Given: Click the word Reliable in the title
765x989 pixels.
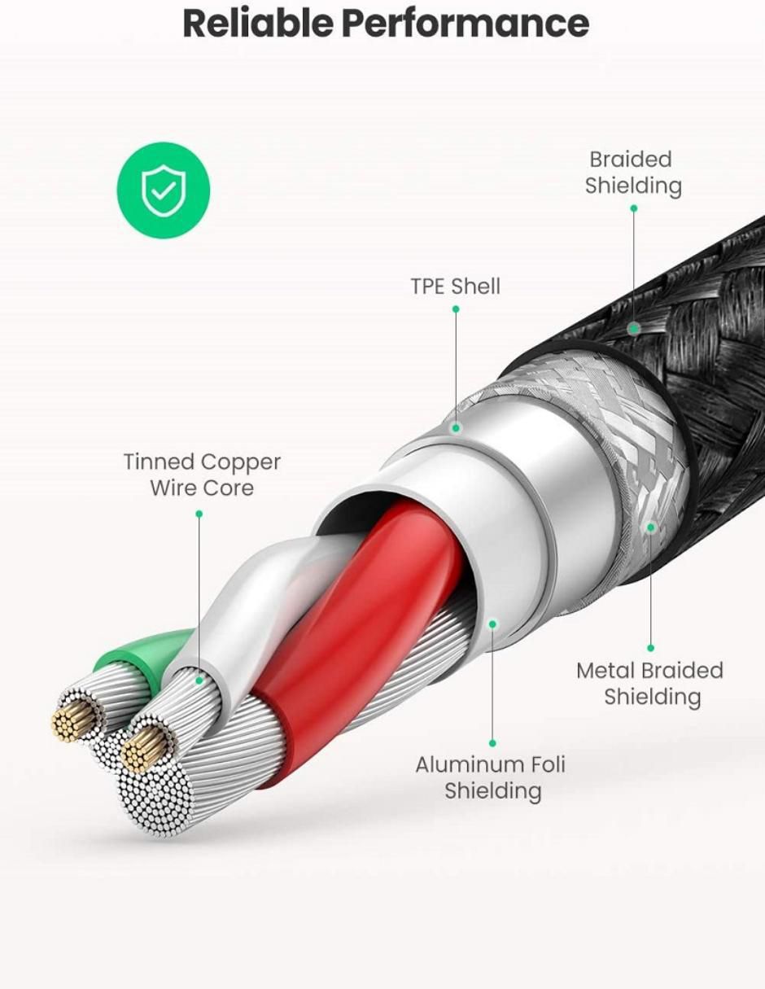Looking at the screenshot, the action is [x=258, y=24].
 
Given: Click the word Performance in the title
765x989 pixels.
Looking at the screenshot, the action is [x=466, y=24].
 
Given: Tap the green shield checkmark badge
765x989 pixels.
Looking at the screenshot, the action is [x=164, y=190].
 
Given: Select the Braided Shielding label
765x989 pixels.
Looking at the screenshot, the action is [x=632, y=173].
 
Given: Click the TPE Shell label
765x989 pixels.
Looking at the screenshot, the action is [x=455, y=287].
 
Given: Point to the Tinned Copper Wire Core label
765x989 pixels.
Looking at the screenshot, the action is [x=202, y=475].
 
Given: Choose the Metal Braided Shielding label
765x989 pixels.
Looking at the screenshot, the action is [x=650, y=684].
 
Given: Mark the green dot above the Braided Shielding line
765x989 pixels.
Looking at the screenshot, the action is [x=633, y=208].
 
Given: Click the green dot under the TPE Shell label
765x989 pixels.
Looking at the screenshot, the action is [x=456, y=309].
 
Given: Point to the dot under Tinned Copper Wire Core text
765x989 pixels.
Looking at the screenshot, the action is [x=199, y=514].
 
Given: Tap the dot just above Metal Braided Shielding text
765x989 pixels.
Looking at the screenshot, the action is [x=650, y=648].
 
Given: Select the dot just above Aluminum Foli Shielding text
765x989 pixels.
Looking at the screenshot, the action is [x=492, y=743].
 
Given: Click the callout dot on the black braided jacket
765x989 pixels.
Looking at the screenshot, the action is [x=634, y=328].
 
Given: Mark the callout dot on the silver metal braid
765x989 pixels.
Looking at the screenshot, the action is [x=650, y=527].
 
